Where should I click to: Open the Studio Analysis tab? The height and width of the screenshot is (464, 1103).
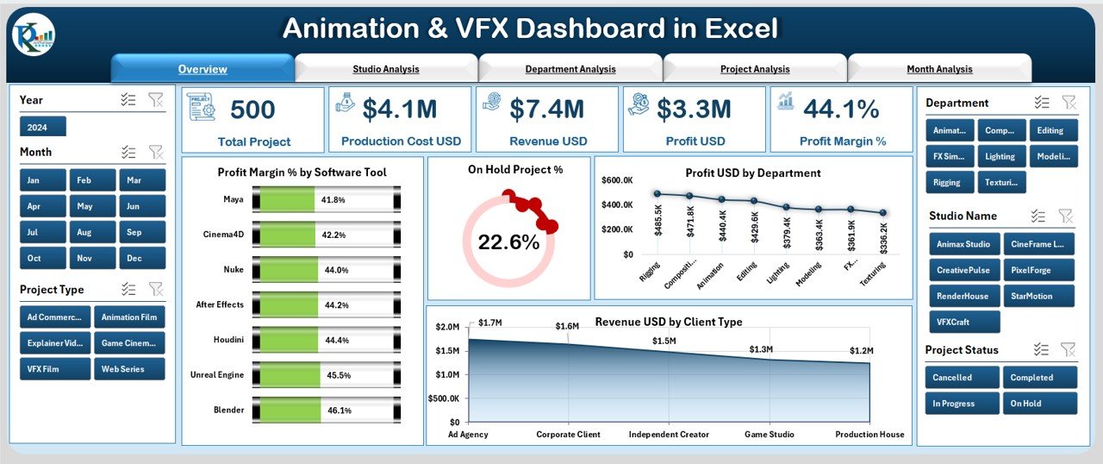[x=385, y=69]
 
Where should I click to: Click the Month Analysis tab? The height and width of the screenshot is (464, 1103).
[x=939, y=69]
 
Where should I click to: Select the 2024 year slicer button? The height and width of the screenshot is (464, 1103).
[x=42, y=128]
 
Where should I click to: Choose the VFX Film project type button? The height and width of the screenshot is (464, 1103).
[x=55, y=369]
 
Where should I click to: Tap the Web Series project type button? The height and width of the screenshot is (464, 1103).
[x=129, y=369]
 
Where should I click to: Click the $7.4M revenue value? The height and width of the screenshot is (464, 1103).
[x=546, y=110]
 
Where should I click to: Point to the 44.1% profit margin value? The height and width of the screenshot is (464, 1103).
[x=840, y=110]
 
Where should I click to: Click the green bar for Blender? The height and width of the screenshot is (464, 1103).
[x=288, y=411]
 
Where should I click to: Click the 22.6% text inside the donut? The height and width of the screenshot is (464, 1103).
[x=508, y=243]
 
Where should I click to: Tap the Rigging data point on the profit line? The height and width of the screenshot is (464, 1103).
[x=657, y=194]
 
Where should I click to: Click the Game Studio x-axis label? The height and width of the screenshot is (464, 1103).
[x=769, y=435]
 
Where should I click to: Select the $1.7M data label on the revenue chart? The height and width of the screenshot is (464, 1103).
[x=490, y=323]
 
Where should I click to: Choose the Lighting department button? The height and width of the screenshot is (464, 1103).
[x=1000, y=157]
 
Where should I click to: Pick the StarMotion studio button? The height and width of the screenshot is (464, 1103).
[x=1040, y=296]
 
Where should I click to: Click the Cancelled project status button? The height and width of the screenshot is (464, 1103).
[x=962, y=378]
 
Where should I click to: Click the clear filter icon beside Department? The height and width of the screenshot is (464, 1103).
[x=1069, y=103]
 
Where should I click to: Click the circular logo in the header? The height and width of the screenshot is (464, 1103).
[x=33, y=35]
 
